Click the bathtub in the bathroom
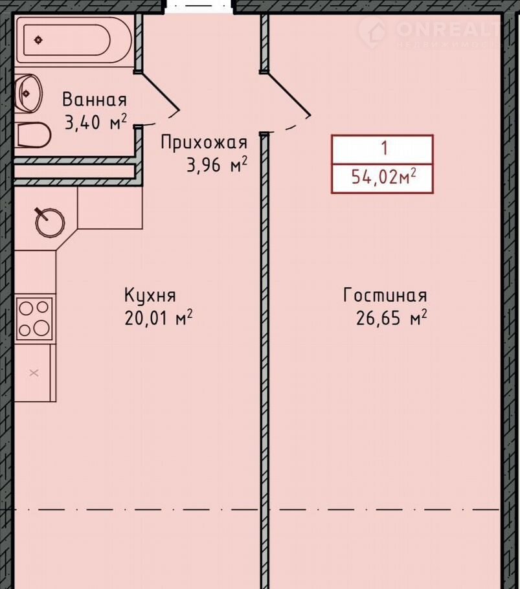(x=74, y=40)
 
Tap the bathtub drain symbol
(x=38, y=40)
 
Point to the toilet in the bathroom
(x=33, y=135)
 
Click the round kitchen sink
(x=50, y=223)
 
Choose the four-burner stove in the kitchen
(x=34, y=318)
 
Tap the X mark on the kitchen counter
(x=34, y=373)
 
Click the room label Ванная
(x=95, y=100)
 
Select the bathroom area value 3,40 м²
(x=95, y=122)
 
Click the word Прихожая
(x=204, y=143)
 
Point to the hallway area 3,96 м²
(x=217, y=165)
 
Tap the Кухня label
(x=150, y=295)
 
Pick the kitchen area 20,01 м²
(x=158, y=318)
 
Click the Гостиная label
(x=385, y=295)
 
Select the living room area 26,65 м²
(x=392, y=318)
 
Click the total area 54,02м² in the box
(x=383, y=177)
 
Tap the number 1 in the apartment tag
(x=384, y=148)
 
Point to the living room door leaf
(x=287, y=94)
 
